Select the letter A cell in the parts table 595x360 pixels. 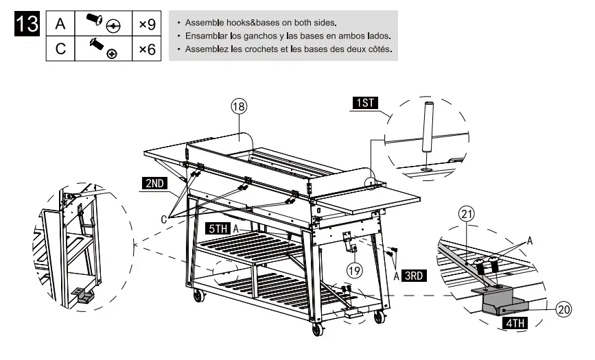click(x=60, y=24)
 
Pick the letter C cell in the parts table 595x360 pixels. click(x=60, y=49)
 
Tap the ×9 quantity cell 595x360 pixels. click(x=147, y=24)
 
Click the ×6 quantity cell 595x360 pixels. click(x=147, y=49)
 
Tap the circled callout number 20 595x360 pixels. click(x=563, y=309)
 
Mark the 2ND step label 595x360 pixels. click(x=154, y=183)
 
